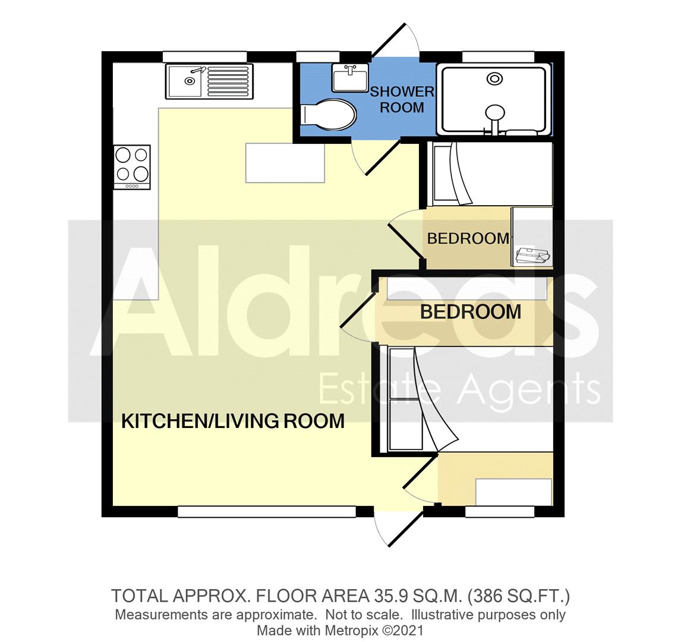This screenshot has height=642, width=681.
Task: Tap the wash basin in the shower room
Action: click(x=349, y=78)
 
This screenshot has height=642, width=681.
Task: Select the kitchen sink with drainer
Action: click(x=209, y=81)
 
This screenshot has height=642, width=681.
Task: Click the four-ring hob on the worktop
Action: click(x=132, y=165)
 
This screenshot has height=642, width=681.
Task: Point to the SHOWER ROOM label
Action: click(x=402, y=99)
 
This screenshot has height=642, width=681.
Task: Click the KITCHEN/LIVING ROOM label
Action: click(x=233, y=421)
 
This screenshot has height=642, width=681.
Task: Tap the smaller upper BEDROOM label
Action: click(x=468, y=238)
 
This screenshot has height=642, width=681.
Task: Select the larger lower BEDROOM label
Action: click(x=471, y=311)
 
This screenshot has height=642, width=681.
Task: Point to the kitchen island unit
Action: click(x=285, y=162)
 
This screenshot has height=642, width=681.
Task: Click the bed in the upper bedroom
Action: click(x=490, y=174)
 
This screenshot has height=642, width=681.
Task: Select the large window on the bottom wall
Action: click(x=267, y=511)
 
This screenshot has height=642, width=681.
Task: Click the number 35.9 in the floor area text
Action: click(x=390, y=595)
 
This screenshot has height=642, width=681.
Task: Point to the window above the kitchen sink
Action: click(x=204, y=56)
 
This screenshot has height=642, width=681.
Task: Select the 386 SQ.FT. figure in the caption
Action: click(x=521, y=595)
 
